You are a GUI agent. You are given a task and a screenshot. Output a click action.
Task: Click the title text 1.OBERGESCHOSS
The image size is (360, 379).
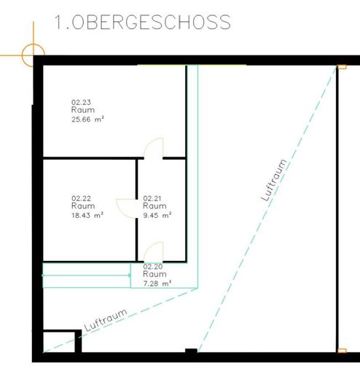[143, 23]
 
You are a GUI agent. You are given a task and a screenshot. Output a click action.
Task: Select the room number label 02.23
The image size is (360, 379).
[80, 102]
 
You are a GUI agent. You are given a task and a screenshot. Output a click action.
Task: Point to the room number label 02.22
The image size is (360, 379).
[80, 198]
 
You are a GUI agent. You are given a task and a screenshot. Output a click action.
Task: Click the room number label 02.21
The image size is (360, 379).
[152, 198]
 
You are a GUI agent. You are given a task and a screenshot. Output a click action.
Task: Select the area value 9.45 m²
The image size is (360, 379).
[157, 215]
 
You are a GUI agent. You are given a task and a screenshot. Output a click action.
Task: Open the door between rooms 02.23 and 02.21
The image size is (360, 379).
[153, 149]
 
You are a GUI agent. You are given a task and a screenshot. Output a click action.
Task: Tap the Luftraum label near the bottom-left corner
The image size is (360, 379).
[105, 321]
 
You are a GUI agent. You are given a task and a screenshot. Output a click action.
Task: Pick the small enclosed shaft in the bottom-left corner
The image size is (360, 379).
[58, 343]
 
